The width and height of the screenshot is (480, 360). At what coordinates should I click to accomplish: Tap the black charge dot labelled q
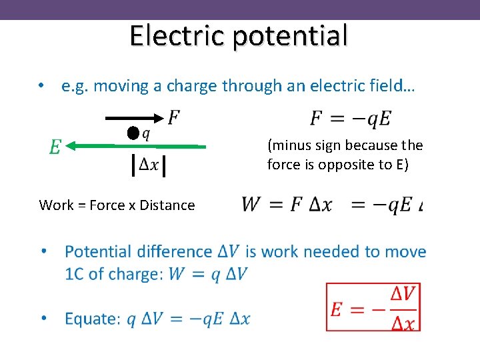134,133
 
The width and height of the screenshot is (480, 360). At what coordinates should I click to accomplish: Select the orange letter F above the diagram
173,118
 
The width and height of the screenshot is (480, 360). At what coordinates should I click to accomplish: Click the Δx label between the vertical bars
149,165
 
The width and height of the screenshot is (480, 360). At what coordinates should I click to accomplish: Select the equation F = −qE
351,119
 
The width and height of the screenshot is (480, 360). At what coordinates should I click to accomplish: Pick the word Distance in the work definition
167,205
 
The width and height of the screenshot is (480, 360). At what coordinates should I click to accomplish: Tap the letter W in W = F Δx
251,204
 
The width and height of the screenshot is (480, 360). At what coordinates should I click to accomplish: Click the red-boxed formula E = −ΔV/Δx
373,307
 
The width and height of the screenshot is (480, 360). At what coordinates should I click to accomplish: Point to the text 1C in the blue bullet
75,274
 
